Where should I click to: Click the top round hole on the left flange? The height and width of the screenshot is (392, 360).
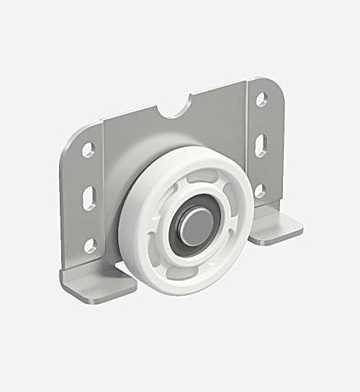coord(88,150)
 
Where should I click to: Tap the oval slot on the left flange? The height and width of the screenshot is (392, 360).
coord(89,197)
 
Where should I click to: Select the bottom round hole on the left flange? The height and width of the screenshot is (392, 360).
coord(90,245)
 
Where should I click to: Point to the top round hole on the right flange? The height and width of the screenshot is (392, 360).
coord(261,99)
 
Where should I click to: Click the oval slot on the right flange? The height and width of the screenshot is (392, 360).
coord(261,145)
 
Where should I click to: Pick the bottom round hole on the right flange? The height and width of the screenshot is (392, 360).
coord(260,191)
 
